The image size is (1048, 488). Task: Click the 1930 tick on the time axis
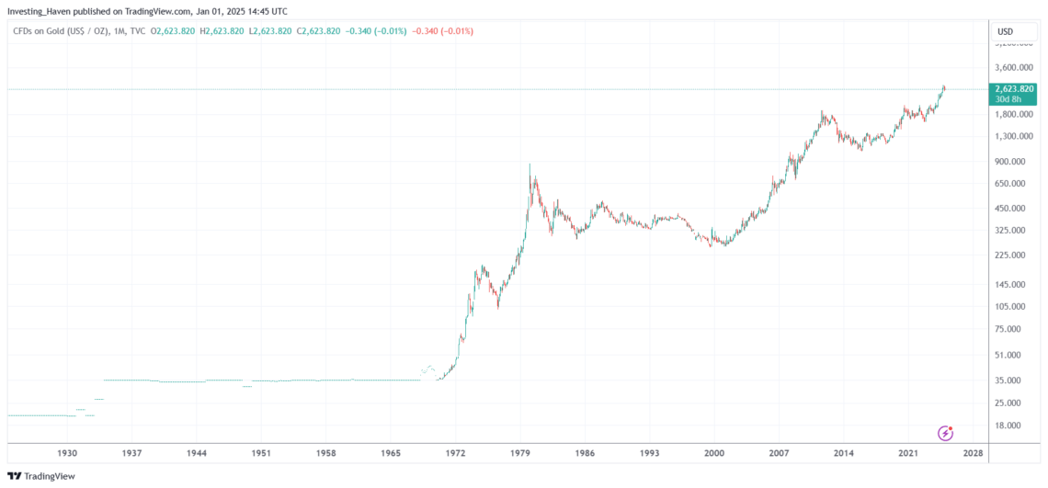click(66, 454)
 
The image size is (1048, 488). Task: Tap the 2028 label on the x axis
click(973, 454)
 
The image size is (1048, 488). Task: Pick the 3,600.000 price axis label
click(1013, 67)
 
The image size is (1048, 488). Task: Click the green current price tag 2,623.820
click(1013, 90)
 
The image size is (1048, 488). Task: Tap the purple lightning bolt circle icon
click(945, 433)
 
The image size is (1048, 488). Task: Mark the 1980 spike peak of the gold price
click(530, 165)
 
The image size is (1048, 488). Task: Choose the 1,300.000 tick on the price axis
click(1013, 136)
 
